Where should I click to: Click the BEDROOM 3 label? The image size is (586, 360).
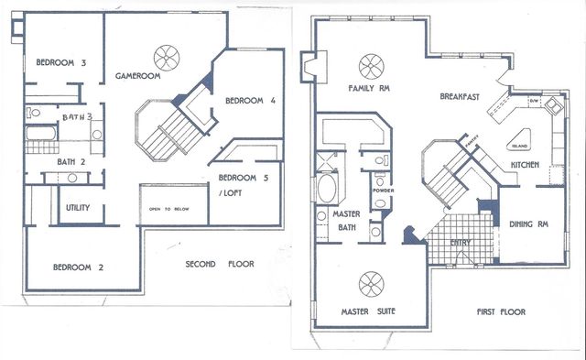(x=60, y=63)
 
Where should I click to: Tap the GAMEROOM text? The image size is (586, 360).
(x=138, y=76)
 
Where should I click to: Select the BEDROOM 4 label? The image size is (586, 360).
(x=250, y=101)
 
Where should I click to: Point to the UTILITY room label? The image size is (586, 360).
(x=78, y=208)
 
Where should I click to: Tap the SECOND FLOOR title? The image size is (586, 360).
(x=220, y=265)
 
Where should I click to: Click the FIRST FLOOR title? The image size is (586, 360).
(x=501, y=312)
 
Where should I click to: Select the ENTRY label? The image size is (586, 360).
(x=463, y=243)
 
